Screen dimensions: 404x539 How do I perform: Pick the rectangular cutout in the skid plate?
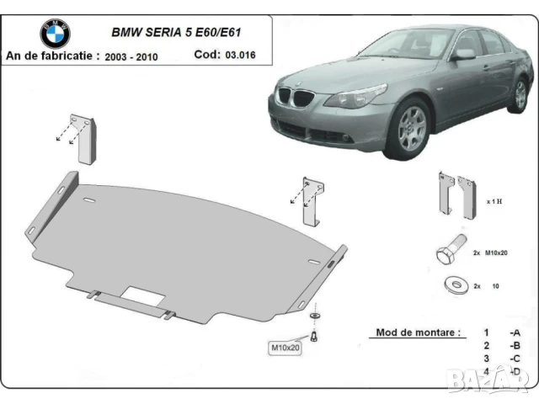coord(141,295)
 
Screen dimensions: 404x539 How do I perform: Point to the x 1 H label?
coord(494,203)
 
